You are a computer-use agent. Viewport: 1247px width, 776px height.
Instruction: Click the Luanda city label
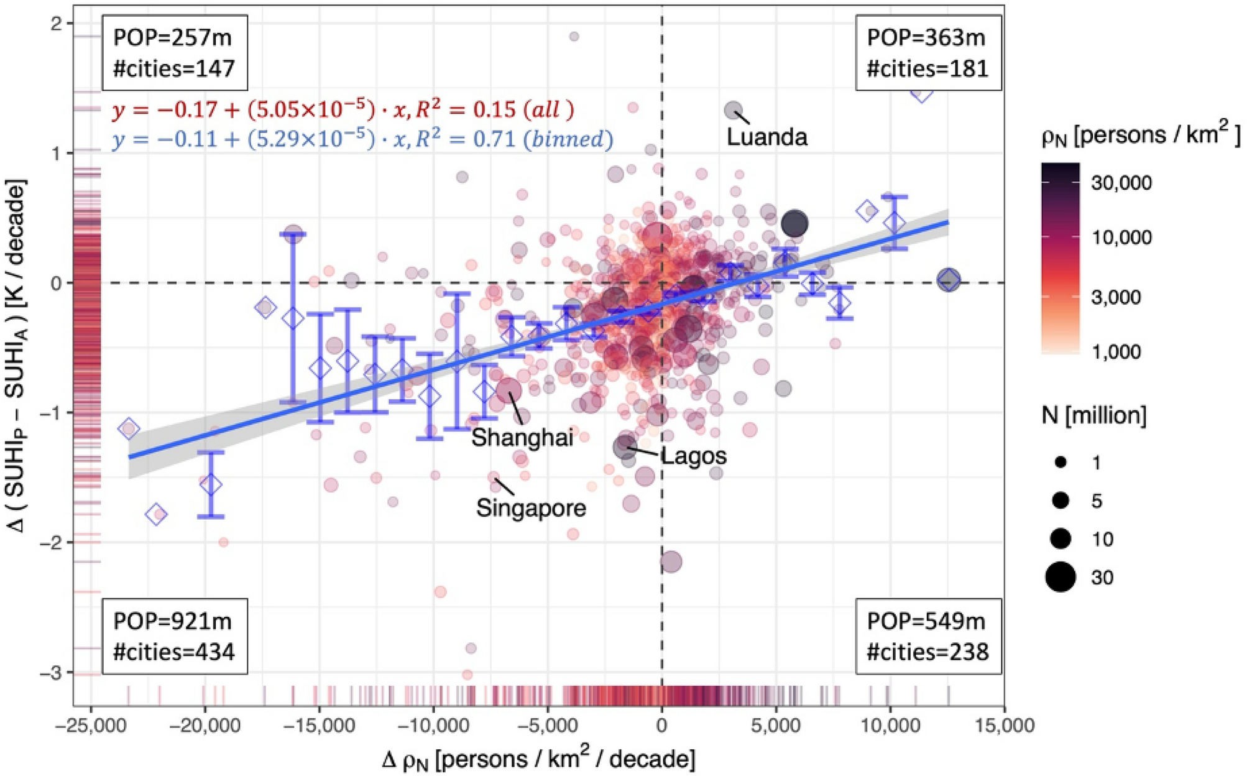pos(766,137)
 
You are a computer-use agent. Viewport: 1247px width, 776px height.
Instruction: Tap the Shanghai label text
pos(522,437)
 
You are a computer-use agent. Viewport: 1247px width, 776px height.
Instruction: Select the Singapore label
pos(531,507)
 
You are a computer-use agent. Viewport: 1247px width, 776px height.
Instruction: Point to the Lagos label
pos(693,456)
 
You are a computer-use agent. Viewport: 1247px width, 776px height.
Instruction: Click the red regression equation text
pos(343,109)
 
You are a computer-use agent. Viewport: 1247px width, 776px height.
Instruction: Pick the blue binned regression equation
pos(362,139)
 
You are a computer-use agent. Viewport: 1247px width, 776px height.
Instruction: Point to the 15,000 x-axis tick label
pos(1004,725)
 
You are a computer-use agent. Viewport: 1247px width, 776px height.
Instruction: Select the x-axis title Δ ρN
pos(538,759)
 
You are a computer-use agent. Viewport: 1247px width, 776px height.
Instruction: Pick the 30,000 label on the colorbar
pos(1121,183)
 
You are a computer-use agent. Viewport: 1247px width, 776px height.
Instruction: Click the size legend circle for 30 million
pos(1061,577)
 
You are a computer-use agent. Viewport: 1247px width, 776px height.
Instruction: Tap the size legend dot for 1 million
pos(1061,463)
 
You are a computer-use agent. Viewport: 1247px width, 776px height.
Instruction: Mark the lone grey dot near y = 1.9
pos(574,37)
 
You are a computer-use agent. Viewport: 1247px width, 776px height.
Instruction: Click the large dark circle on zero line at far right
pos(949,280)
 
